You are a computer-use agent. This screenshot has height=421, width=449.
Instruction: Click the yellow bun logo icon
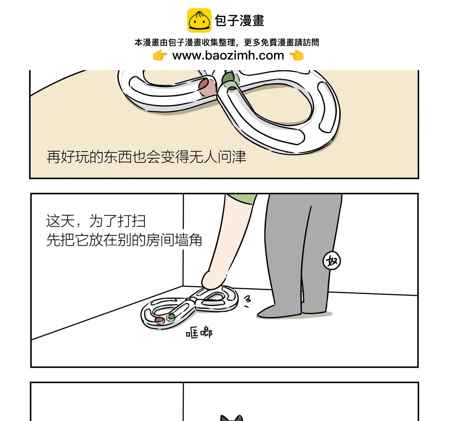199,20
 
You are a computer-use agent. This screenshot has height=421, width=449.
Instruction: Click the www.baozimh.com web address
228,55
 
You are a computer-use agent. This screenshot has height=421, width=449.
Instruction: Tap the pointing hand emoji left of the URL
160,55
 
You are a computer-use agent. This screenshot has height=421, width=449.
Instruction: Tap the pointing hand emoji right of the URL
296,55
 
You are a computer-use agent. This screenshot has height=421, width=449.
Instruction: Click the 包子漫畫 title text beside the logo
239,21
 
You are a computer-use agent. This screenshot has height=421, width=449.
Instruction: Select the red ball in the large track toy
207,87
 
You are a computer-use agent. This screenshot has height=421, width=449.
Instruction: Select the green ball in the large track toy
230,80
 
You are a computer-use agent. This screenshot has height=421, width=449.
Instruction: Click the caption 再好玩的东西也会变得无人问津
146,156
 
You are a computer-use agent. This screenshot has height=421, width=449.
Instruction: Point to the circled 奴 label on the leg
331,261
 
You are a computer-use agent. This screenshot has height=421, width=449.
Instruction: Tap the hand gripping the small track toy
212,280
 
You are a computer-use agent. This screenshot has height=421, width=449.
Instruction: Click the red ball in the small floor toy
160,320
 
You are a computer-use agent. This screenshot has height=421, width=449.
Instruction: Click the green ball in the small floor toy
171,317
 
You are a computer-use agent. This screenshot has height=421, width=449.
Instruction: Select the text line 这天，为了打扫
96,221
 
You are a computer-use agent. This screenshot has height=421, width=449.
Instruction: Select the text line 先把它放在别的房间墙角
124,240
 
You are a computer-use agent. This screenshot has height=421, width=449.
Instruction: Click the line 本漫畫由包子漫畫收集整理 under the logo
185,42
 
